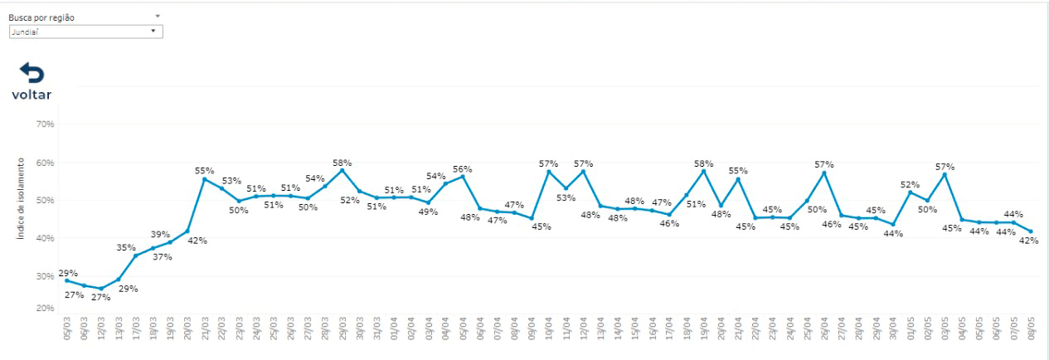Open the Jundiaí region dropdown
tap(85, 32)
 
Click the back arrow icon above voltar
tap(32, 73)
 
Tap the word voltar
tap(32, 95)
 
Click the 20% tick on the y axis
tap(44, 309)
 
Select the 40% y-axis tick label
tap(44, 238)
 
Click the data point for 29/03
tap(342, 170)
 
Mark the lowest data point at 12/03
tap(101, 289)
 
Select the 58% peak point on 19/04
tap(704, 171)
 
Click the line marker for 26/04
tap(824, 173)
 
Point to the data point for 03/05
tap(945, 174)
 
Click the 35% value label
tap(126, 247)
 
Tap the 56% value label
tap(463, 169)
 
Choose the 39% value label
tap(160, 235)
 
